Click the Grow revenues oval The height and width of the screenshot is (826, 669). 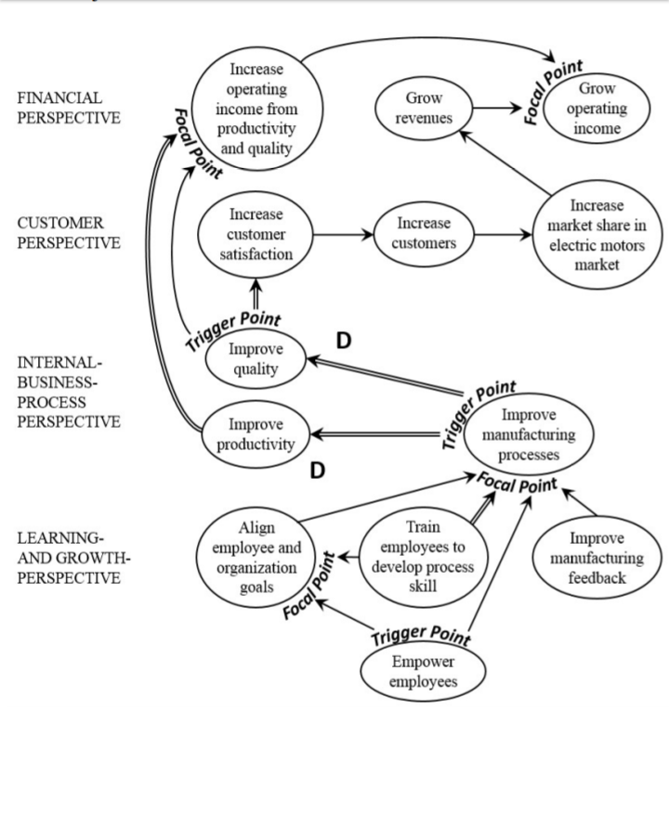coord(424,108)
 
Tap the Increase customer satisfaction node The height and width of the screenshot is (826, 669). coord(256,234)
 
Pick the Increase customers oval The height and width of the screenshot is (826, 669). coord(423,233)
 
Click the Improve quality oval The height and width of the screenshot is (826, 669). coord(256,359)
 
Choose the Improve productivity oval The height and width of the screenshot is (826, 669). coord(256,433)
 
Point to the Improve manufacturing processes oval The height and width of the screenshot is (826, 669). coord(529,433)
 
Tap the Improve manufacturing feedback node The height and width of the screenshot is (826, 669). coord(596,558)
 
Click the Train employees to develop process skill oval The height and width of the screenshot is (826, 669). coord(422,557)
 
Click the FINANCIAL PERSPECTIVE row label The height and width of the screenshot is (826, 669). coord(68,108)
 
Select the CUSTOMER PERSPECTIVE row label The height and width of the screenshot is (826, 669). coord(68,233)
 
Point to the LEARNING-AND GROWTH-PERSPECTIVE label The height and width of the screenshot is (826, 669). coord(73,558)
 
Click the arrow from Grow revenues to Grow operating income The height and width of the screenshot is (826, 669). coord(498,108)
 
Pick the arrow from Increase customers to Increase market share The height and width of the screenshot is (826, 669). coord(504,234)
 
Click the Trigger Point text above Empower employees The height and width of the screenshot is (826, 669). coord(421,636)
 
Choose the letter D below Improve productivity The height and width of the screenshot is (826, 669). coord(318,471)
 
